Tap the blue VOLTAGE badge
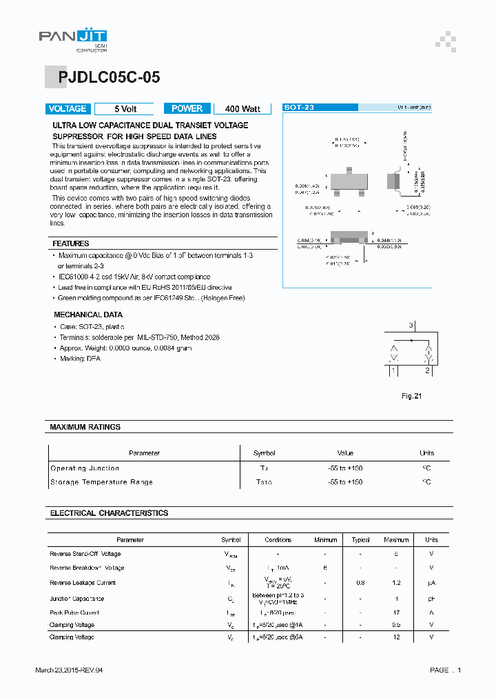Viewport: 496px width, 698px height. (67, 109)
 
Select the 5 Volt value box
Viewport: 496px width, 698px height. (125, 109)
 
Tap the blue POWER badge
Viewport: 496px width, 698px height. (187, 109)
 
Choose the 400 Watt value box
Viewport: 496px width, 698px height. (242, 109)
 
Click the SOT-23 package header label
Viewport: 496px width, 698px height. (300, 108)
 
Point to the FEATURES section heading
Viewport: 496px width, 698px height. (71, 243)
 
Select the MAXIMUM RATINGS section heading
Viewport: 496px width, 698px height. (85, 427)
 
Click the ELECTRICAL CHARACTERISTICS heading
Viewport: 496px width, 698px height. (109, 513)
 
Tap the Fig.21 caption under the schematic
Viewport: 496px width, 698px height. (411, 396)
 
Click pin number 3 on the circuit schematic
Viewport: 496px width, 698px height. (411, 325)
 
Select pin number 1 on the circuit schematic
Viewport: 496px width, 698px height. (393, 371)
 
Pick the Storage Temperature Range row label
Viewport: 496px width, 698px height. (101, 482)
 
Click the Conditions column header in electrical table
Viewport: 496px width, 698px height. (278, 540)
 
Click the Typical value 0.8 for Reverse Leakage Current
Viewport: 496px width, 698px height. (360, 583)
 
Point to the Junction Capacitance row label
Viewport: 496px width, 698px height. (77, 599)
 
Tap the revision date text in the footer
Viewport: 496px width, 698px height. (69, 670)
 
